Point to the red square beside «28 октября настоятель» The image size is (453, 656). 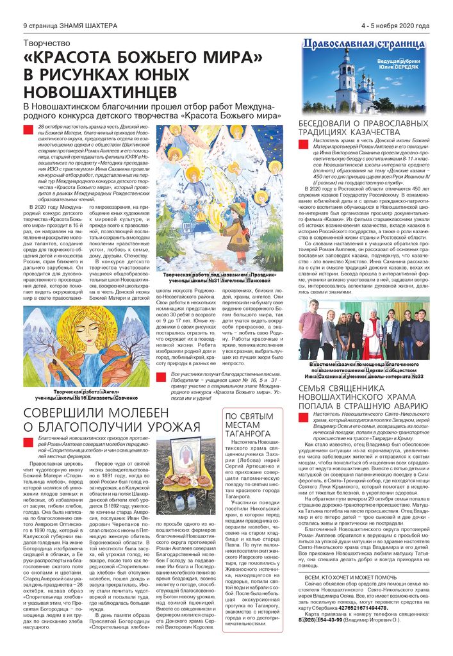coord(26,130)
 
